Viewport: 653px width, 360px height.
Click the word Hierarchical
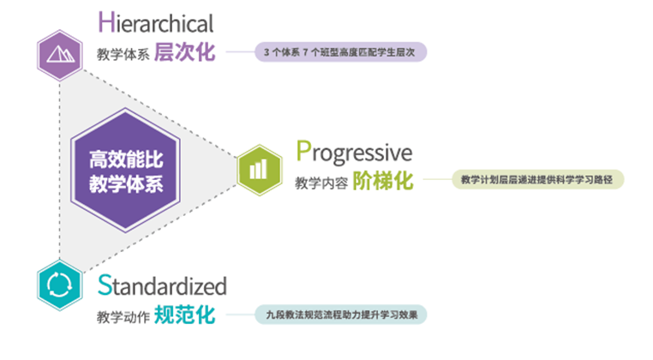click(156, 22)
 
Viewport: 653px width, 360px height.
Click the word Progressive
click(354, 153)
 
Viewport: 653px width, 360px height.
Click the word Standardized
click(162, 285)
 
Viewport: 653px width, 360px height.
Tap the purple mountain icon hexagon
click(60, 55)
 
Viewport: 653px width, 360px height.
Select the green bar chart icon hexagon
click(260, 170)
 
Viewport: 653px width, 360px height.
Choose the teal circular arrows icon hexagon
click(60, 285)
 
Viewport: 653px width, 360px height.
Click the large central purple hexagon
click(125, 170)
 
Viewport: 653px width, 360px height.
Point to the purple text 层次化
click(184, 52)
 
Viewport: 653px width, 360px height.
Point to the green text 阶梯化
click(383, 181)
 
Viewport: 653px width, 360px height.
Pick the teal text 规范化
click(184, 315)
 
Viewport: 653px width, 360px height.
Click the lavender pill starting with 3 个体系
click(341, 52)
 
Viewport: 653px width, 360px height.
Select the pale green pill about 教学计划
click(538, 180)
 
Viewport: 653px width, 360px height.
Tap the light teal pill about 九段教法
click(341, 315)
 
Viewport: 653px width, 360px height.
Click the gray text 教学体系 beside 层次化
click(123, 54)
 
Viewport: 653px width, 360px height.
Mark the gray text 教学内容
click(321, 183)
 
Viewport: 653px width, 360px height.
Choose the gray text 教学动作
click(123, 316)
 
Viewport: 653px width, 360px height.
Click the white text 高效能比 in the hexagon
click(126, 159)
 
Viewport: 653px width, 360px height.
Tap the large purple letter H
click(106, 22)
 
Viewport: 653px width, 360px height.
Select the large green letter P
click(303, 151)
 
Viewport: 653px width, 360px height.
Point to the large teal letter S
click(105, 285)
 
